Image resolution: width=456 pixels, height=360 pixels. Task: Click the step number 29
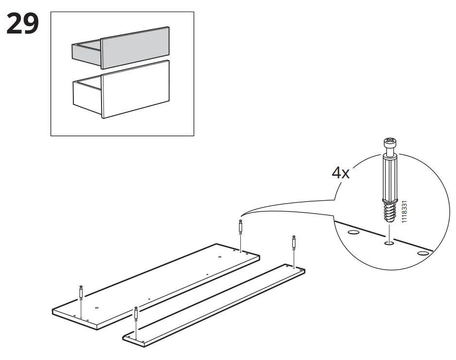tap(23, 24)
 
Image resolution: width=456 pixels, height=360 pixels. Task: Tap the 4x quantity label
tap(340, 173)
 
